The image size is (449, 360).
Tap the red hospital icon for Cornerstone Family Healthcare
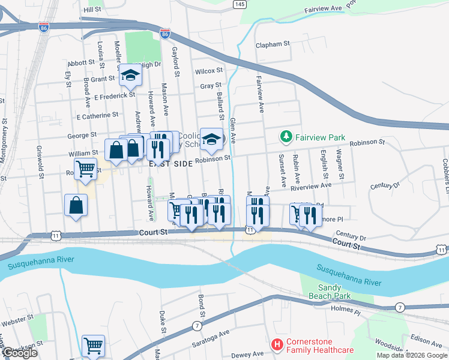point(277,344)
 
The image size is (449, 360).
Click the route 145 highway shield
point(240,4)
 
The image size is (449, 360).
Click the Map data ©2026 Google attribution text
point(412,355)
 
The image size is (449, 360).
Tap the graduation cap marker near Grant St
point(129,76)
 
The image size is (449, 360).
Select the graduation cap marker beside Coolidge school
point(211,140)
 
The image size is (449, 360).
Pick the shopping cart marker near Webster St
point(93,346)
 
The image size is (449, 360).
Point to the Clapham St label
point(273,44)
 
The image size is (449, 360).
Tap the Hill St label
point(93,10)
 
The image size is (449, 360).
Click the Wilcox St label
point(209,71)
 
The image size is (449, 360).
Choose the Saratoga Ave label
point(212,334)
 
